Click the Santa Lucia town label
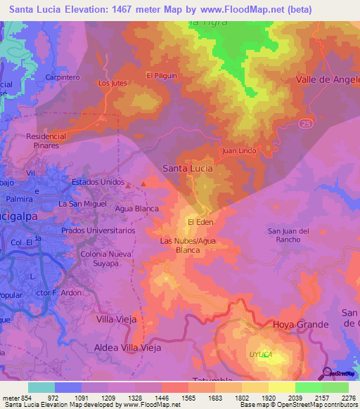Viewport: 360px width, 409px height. [x=187, y=169]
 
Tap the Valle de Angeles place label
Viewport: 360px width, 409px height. [x=328, y=79]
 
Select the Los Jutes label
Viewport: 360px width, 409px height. [x=112, y=83]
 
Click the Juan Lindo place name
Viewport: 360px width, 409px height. [x=237, y=150]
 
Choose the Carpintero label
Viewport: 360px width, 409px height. [x=60, y=77]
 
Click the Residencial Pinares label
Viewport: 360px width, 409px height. [x=46, y=140]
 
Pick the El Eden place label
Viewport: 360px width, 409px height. [x=200, y=222]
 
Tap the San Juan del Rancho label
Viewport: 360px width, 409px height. [x=289, y=235]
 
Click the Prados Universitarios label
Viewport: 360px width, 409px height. [x=98, y=231]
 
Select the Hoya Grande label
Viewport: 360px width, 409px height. [x=300, y=324]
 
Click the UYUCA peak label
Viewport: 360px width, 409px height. [x=259, y=355]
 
